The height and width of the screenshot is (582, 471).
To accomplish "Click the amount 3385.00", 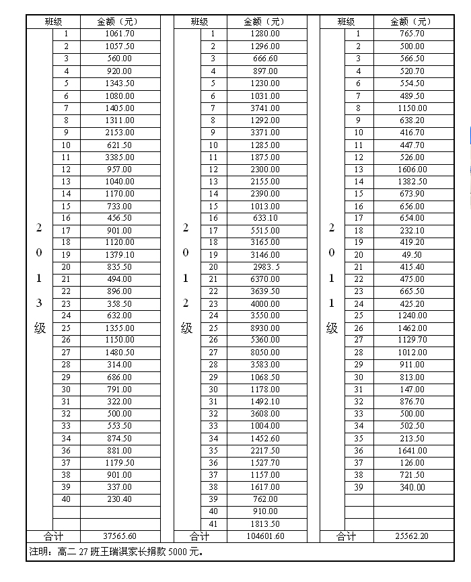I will click(120, 157).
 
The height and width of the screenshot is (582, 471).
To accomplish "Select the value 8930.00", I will click(266, 328).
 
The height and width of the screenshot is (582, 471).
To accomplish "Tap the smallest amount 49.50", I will click(412, 255).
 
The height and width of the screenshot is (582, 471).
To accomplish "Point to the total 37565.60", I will click(120, 536).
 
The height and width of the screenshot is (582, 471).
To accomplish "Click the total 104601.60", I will click(266, 536).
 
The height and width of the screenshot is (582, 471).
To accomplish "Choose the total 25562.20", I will click(412, 536).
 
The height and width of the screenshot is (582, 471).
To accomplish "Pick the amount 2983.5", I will click(266, 267).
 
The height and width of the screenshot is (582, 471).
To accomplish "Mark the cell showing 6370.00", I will click(266, 279).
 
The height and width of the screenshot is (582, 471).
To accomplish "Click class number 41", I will click(213, 523).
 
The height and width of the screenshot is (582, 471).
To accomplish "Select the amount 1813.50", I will click(266, 523).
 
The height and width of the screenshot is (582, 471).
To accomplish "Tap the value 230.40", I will click(120, 499).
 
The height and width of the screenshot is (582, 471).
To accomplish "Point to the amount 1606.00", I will click(412, 170).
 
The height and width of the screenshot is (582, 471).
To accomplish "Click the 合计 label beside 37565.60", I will click(53, 536).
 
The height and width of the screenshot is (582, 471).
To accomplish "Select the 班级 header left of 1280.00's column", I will click(200, 22).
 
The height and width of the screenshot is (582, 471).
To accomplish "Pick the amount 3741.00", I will click(266, 108).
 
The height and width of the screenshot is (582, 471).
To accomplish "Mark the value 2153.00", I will click(120, 133).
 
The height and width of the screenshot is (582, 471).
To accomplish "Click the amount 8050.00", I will click(266, 353).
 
